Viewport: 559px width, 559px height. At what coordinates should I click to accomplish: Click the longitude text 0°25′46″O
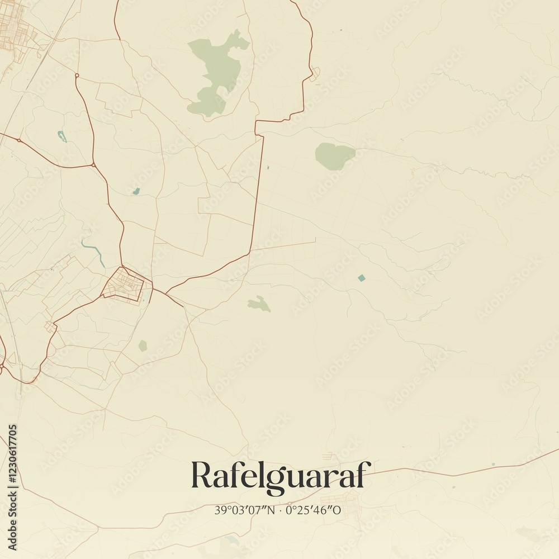tap(314, 510)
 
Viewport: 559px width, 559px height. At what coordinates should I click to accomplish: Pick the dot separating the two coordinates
tap(281, 510)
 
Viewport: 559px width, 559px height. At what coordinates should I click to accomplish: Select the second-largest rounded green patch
tap(334, 155)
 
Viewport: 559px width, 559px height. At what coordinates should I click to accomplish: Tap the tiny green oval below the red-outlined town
tap(143, 345)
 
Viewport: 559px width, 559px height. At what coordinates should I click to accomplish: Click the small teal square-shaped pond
tap(361, 278)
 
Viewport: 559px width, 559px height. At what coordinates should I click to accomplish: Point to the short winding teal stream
tap(94, 253)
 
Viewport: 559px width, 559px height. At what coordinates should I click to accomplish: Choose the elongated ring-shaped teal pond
tap(61, 136)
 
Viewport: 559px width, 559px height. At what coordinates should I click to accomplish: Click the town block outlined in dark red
tap(126, 285)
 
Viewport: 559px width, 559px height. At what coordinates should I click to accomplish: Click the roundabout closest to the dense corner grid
tap(77, 75)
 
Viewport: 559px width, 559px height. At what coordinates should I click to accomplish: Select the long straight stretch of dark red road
tap(258, 190)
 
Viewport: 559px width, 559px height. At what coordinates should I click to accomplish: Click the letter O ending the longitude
tap(337, 510)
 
